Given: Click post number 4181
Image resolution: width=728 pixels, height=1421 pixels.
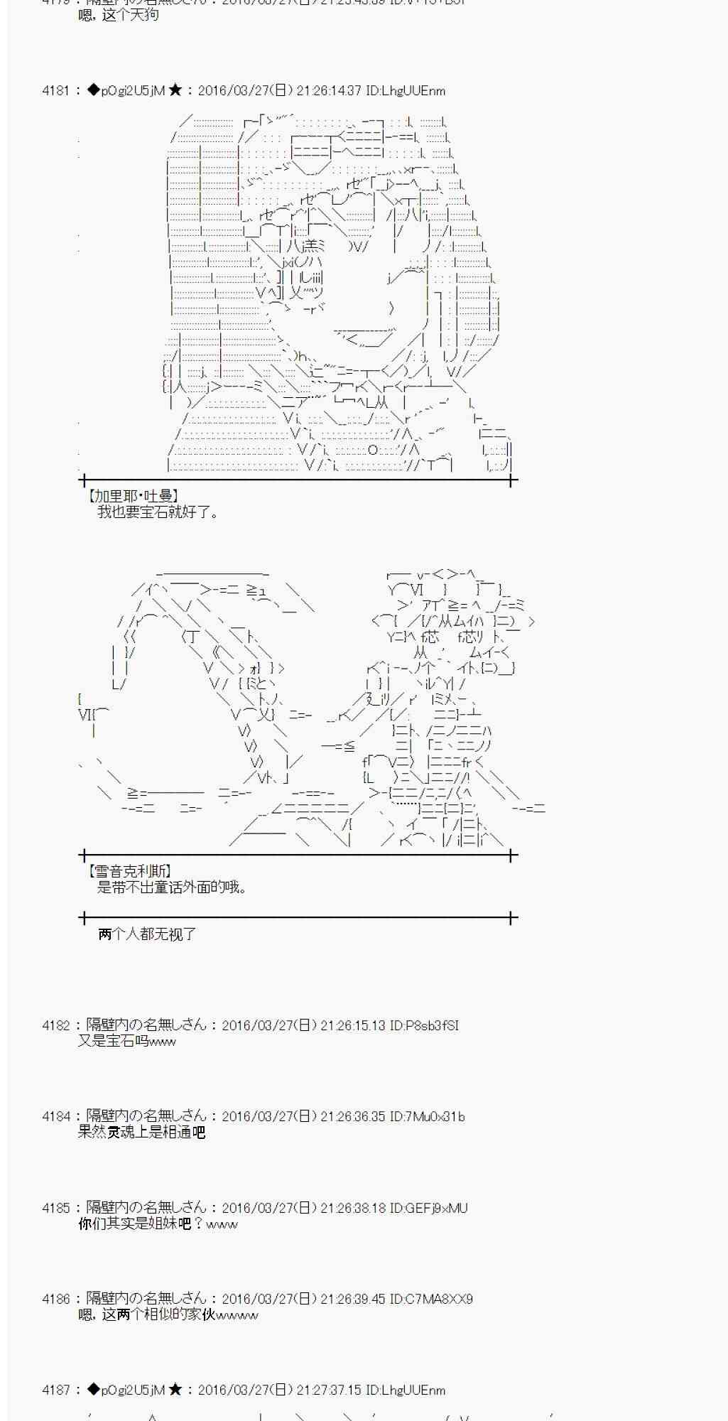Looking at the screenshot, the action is tap(55, 91).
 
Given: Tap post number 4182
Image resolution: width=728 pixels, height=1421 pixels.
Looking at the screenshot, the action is tap(55, 1025).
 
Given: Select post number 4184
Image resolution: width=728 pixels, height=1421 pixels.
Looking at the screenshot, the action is tap(55, 1116).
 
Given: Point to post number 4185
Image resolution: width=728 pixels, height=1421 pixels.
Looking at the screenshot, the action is tap(55, 1208).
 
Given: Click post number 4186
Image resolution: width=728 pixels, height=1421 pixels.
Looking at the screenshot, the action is tap(55, 1299).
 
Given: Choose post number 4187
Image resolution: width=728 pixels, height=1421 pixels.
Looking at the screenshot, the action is tap(55, 1390).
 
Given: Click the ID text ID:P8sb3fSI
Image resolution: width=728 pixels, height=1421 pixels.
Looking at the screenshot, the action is tap(424, 1025).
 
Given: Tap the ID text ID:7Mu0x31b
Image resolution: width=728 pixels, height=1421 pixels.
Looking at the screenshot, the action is tap(427, 1116).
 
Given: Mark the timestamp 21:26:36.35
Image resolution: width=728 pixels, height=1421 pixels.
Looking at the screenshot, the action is tap(352, 1116).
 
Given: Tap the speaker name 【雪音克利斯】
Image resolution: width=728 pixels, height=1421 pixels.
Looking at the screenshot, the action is tap(129, 871).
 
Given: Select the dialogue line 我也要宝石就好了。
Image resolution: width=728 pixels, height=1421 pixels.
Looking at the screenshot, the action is tap(158, 512).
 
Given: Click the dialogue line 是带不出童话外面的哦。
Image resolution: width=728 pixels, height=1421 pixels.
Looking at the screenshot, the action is tap(172, 887).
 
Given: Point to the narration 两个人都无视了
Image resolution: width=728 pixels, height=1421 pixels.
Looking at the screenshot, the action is tap(147, 934).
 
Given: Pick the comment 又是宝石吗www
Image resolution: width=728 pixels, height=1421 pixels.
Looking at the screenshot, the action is tap(127, 1042).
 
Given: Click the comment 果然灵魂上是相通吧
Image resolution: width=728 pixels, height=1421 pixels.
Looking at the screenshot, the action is tap(141, 1133).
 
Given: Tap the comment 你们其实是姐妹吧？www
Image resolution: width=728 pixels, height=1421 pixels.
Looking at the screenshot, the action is tap(158, 1223).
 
